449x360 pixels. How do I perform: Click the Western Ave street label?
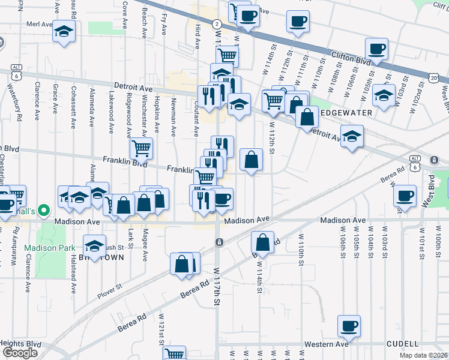pyautogui.click(x=326, y=344)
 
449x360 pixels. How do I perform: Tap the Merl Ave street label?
pyautogui.click(x=40, y=25)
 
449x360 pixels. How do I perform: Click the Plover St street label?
pyautogui.click(x=110, y=295)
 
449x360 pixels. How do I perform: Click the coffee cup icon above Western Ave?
pyautogui.click(x=349, y=326)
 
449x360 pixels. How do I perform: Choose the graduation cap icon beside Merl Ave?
pyautogui.click(x=64, y=31)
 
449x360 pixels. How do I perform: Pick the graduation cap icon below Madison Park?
pyautogui.click(x=94, y=246)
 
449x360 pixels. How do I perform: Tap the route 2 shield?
pyautogui.click(x=216, y=23)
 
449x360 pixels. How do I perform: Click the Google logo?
pyautogui.click(x=20, y=353)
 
